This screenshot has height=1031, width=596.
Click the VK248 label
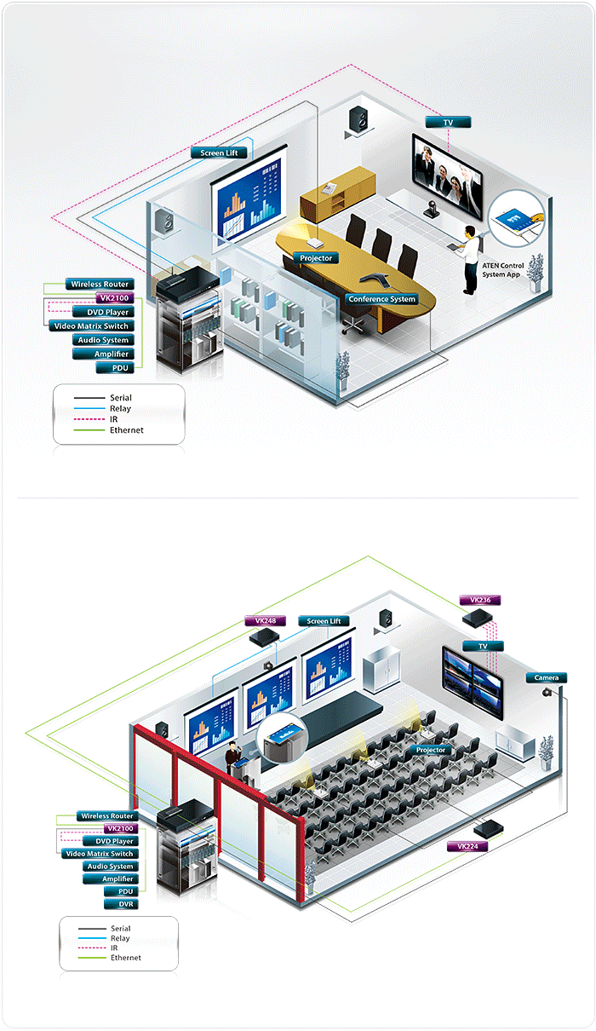click(x=265, y=621)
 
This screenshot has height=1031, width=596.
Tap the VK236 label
click(x=480, y=600)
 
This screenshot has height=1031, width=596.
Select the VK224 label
click(x=473, y=846)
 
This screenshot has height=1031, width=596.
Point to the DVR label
click(x=126, y=903)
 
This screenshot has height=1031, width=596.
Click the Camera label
click(x=546, y=677)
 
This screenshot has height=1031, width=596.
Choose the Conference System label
click(x=381, y=299)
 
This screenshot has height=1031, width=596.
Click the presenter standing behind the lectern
click(x=231, y=757)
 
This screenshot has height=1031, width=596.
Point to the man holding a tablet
click(x=467, y=259)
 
